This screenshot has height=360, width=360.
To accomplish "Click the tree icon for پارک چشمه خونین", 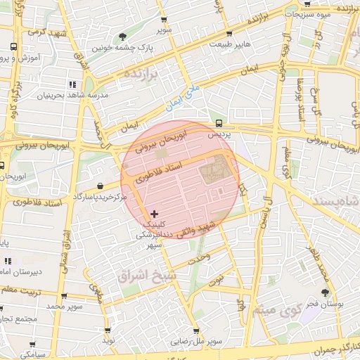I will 123,37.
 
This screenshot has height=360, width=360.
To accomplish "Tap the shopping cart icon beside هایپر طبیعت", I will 229,34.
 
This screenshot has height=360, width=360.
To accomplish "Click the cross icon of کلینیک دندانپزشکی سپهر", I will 155,213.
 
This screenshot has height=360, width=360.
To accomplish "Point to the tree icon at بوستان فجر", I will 325,292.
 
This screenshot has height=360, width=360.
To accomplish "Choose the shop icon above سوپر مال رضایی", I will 195,331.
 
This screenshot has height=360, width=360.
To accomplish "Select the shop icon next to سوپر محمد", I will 64,297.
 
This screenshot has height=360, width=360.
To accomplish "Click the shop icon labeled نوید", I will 108,330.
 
